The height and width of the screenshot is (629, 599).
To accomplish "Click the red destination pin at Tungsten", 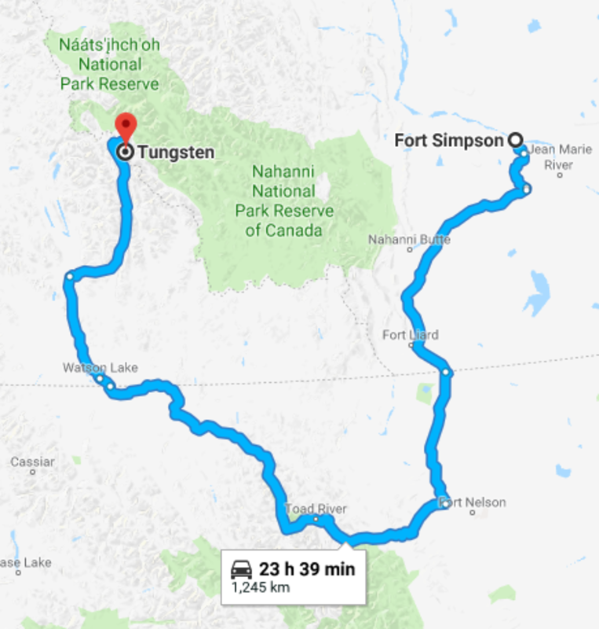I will [125, 125].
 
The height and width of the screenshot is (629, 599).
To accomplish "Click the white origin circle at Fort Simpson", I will [516, 140].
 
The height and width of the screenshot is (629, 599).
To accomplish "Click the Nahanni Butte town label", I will [410, 238].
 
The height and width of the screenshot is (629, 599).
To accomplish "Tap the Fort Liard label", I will [410, 335].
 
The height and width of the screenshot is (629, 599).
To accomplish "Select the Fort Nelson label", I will [474, 502].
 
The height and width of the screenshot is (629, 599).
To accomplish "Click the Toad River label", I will [316, 509].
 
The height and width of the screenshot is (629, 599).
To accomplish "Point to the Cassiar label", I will [32, 462].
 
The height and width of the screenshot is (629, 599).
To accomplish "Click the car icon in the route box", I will [241, 568].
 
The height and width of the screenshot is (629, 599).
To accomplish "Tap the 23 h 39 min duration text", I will [307, 568].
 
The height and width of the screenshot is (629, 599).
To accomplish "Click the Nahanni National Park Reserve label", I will [283, 200].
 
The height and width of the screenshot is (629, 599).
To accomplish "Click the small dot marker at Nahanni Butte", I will [410, 249].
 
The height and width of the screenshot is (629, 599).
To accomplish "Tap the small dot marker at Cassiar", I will [32, 473].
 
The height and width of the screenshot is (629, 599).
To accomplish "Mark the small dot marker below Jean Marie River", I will [560, 175].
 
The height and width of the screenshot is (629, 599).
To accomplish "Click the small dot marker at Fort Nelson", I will [472, 513].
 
